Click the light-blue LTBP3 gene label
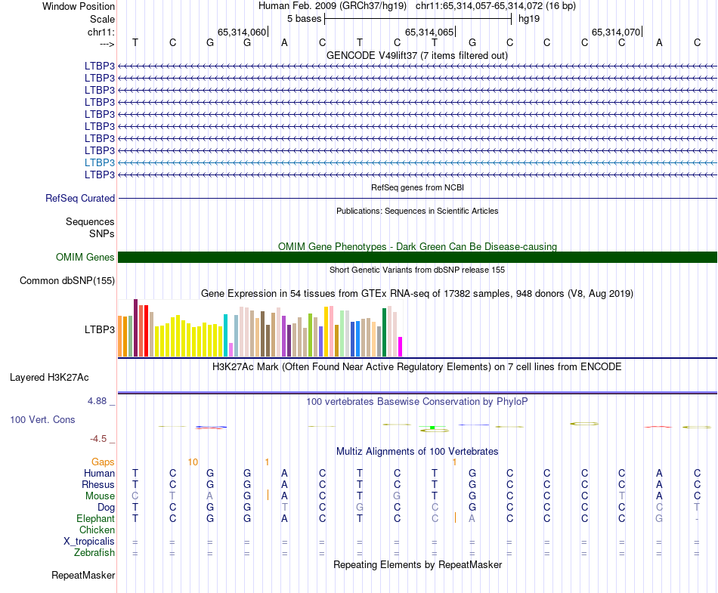(x=100, y=162)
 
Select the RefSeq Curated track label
(x=80, y=198)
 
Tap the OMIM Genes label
(x=85, y=258)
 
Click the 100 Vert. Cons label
(x=42, y=419)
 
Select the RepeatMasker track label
(x=83, y=576)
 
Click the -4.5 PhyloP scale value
(x=99, y=438)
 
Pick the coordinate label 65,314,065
(x=430, y=32)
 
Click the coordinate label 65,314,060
(x=242, y=32)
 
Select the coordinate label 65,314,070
(x=616, y=32)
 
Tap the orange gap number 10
(x=193, y=462)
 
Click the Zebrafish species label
(x=94, y=553)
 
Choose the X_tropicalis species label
(x=89, y=542)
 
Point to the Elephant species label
(x=95, y=519)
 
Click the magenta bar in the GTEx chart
(x=401, y=347)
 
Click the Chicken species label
(x=97, y=530)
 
